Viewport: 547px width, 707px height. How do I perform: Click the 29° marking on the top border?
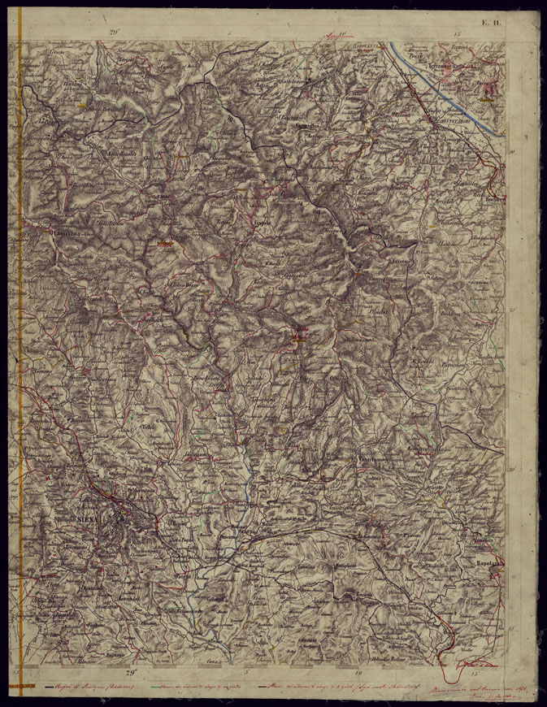tap(115, 32)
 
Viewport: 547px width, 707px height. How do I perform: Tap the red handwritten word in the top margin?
tap(336, 36)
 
